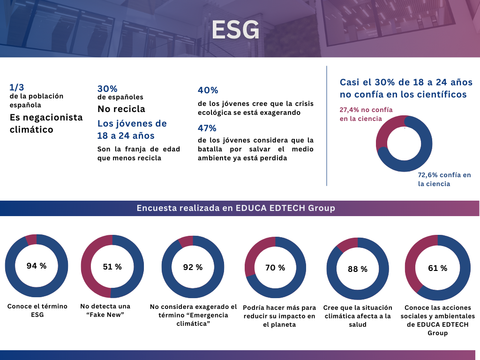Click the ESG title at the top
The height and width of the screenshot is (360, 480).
235,30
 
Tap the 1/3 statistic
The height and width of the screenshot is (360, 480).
16,87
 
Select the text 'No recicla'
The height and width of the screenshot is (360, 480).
121,109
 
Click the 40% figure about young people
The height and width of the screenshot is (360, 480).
208,90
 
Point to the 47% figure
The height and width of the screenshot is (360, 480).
208,128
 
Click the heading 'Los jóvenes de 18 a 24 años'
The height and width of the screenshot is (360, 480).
132,129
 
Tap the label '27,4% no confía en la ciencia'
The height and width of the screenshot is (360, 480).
366,114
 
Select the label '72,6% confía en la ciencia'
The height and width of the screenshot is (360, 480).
444,180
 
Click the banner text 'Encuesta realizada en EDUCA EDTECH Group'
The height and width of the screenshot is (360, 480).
236,208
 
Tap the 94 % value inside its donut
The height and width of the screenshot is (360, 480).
37,266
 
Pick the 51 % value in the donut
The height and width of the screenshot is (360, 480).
112,267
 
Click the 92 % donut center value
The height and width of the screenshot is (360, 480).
193,267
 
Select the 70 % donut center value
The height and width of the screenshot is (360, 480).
275,268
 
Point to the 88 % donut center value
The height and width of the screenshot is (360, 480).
358,269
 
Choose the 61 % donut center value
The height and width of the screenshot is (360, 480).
437,268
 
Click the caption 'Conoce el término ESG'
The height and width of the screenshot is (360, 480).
37,310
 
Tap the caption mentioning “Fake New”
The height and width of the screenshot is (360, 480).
105,310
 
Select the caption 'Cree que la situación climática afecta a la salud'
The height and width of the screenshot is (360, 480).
358,316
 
